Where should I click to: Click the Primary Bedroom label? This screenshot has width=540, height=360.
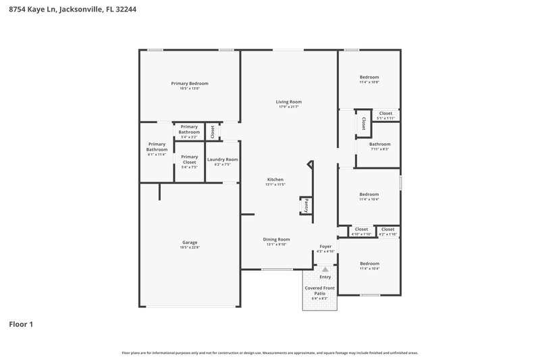pyautogui.click(x=190, y=83)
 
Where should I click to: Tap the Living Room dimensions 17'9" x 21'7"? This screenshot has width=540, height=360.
pyautogui.click(x=288, y=107)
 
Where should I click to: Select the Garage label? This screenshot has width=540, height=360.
pyautogui.click(x=190, y=242)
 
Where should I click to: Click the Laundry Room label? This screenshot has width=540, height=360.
pyautogui.click(x=222, y=159)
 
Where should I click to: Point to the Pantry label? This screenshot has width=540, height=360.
pyautogui.click(x=306, y=205)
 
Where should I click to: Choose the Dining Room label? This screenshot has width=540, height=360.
pyautogui.click(x=276, y=239)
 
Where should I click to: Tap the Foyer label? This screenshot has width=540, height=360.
pyautogui.click(x=325, y=247)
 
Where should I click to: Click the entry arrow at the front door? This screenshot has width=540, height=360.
pyautogui.click(x=325, y=269)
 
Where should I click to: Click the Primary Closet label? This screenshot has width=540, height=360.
pyautogui.click(x=190, y=159)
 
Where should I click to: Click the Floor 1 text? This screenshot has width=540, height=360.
pyautogui.click(x=21, y=324)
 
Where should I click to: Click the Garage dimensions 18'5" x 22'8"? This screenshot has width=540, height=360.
pyautogui.click(x=190, y=248)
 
